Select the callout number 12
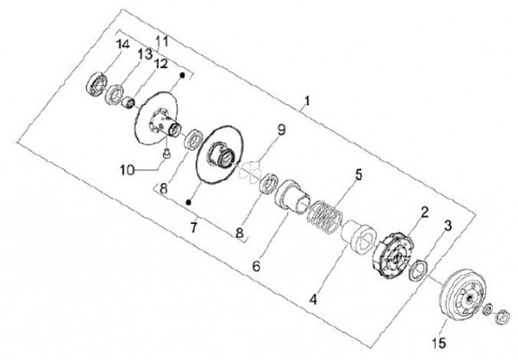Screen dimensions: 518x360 160,63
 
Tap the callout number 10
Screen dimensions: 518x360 127,170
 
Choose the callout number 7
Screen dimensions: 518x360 193,228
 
